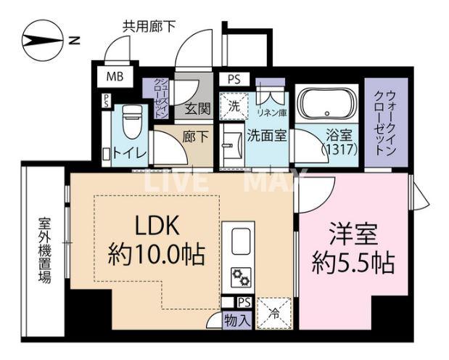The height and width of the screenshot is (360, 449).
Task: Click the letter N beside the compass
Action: coord(74,41)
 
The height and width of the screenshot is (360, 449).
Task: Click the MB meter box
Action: coord(115,76)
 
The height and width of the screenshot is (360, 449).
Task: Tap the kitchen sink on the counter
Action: coord(241,239)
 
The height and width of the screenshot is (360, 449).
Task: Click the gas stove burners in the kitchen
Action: coord(241,277)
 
